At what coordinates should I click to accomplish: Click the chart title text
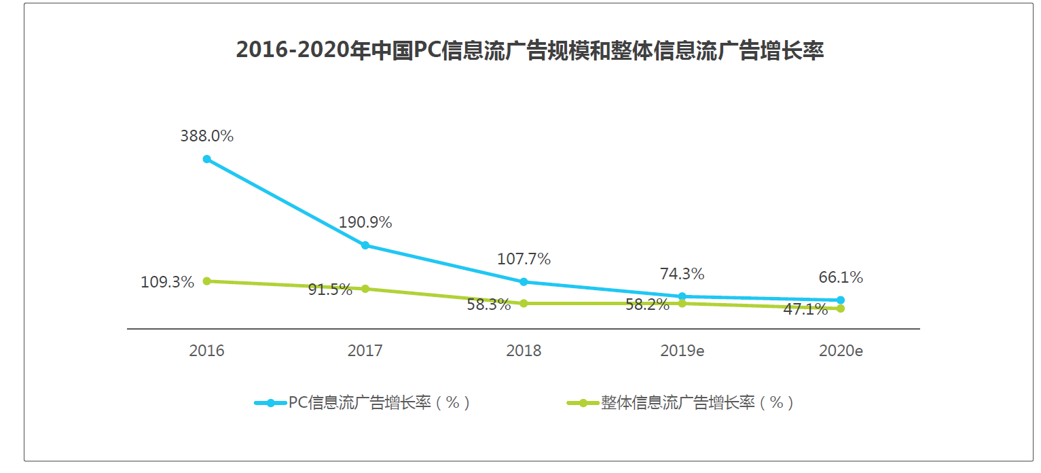tap(530, 50)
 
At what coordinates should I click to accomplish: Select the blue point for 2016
tap(207, 159)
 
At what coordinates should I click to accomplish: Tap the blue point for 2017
tap(365, 245)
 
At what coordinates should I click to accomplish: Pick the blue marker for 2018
tap(524, 282)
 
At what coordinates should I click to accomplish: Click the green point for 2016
tap(207, 281)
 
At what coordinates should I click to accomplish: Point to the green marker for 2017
tap(365, 289)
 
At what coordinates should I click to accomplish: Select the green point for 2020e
tap(841, 309)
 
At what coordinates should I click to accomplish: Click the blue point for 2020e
tap(841, 300)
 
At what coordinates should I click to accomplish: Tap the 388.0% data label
tap(207, 136)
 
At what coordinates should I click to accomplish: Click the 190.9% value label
tap(365, 222)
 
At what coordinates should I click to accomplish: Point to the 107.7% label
tap(524, 259)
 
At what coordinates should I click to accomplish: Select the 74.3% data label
tap(682, 274)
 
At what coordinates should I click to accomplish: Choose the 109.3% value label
tap(167, 282)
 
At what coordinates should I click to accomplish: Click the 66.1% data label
tap(841, 278)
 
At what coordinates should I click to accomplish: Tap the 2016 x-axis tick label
tap(207, 351)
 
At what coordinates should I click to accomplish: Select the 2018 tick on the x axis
tap(524, 351)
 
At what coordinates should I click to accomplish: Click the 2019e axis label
tap(682, 351)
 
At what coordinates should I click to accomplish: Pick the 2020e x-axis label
tap(841, 351)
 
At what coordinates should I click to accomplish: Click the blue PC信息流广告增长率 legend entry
tap(363, 403)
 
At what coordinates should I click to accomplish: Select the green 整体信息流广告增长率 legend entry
tap(680, 403)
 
